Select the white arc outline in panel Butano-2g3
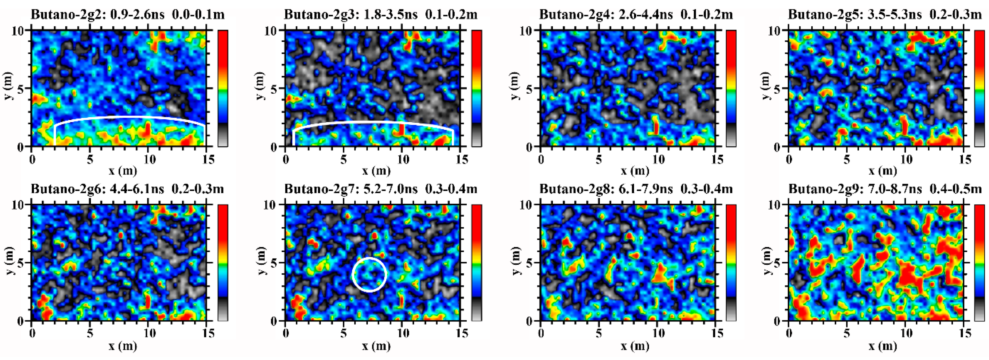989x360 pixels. point(372,122)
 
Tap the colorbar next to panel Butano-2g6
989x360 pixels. point(223,263)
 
